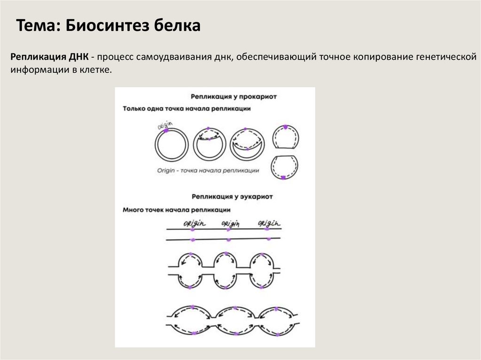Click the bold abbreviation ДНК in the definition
point(78,57)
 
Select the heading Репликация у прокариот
point(233,97)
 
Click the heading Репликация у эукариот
point(233,197)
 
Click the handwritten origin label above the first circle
point(165,125)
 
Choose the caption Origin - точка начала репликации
point(209,171)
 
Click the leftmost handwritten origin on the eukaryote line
point(193,223)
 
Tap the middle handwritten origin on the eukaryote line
point(230,223)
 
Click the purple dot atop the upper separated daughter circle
point(285,127)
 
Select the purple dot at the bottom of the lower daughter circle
point(284,177)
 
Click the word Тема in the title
point(35,26)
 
